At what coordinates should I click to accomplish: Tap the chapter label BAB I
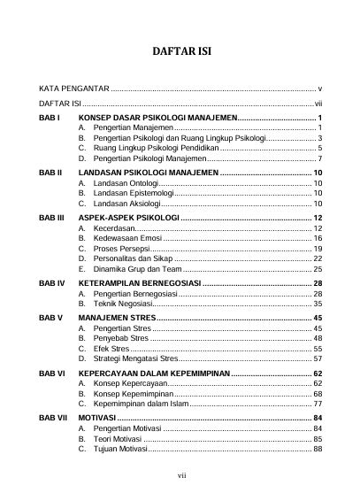tap(49, 118)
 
